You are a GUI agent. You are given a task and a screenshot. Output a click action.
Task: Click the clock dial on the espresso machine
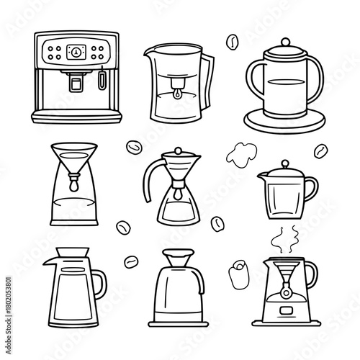75,51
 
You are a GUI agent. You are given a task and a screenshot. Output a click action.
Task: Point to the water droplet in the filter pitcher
174,94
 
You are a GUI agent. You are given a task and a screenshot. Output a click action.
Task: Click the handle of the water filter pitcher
209,79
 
